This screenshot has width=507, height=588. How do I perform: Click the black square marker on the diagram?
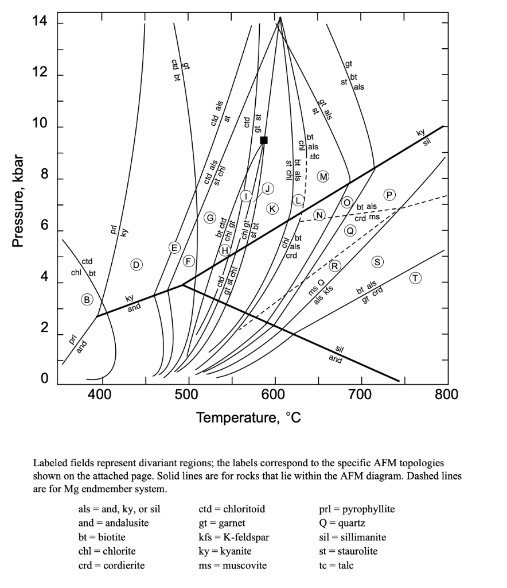coord(264,140)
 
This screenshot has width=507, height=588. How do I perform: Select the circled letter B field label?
coord(87,299)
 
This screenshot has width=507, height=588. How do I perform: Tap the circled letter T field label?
coord(416,278)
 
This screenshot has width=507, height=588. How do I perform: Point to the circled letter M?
coord(324,176)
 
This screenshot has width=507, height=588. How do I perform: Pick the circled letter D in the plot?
coord(136,264)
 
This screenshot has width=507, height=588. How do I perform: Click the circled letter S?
coord(377,262)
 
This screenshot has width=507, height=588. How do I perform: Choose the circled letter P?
coord(390,194)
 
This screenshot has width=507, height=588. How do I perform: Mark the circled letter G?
coord(210,218)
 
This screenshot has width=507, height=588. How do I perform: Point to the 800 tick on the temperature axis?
coord(447,394)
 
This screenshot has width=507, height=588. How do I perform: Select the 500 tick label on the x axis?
coord(187,394)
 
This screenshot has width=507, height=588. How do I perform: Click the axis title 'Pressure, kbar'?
coord(19,201)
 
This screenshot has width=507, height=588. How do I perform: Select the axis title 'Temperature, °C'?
coord(248,417)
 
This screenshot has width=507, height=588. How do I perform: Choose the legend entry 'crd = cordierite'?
coord(111,565)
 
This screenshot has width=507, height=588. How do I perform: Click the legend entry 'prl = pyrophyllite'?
coord(357,509)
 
